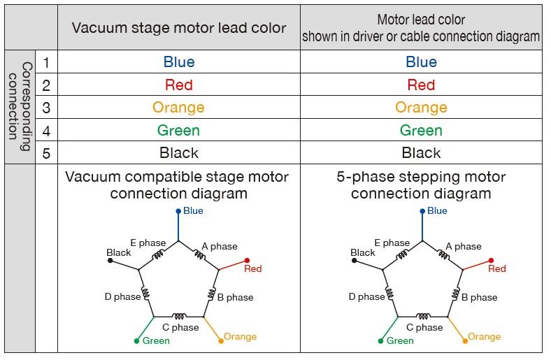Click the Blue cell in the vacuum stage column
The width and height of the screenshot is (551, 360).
pyautogui.click(x=179, y=62)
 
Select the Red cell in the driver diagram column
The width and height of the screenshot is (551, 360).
pyautogui.click(x=421, y=85)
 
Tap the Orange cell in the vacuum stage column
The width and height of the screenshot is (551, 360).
pyautogui.click(x=179, y=108)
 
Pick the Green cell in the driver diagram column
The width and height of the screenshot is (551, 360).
pyautogui.click(x=421, y=131)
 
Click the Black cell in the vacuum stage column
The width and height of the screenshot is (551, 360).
pyautogui.click(x=179, y=153)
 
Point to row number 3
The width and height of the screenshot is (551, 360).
pyautogui.click(x=46, y=108)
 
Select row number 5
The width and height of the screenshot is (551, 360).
pyautogui.click(x=46, y=153)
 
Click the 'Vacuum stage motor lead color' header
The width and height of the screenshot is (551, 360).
pyautogui.click(x=179, y=28)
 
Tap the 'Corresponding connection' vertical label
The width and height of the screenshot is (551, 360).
pyautogui.click(x=20, y=107)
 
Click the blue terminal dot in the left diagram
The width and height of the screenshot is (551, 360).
pyautogui.click(x=178, y=211)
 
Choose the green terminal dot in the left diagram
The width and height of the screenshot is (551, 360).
pyautogui.click(x=136, y=341)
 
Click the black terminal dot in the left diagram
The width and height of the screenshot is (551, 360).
pyautogui.click(x=110, y=261)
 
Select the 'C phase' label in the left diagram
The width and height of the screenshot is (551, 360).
pyautogui.click(x=180, y=327)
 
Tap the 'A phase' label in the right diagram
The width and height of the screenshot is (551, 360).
pyautogui.click(x=464, y=246)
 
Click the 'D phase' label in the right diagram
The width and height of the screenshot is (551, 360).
pyautogui.click(x=366, y=297)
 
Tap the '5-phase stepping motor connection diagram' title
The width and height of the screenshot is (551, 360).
pyautogui.click(x=421, y=185)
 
